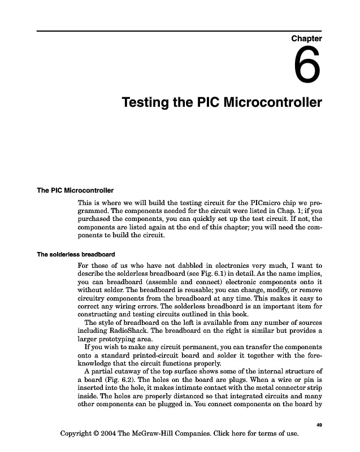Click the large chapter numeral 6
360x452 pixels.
[307, 66]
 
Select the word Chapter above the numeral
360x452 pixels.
[306, 38]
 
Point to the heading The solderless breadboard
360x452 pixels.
[76, 254]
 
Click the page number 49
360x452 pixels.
[319, 424]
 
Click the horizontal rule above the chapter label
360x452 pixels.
[180, 31]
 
